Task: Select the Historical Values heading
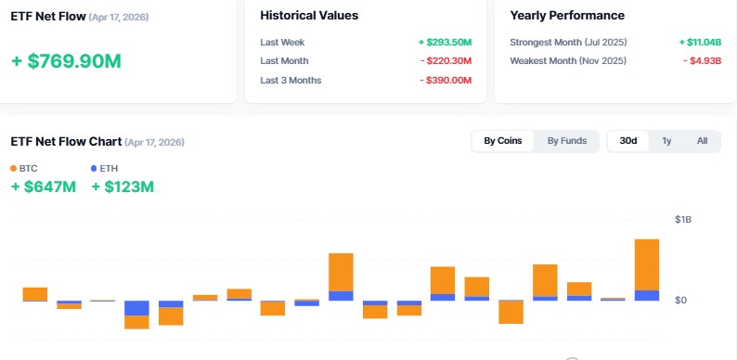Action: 309,16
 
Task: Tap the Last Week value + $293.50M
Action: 445,43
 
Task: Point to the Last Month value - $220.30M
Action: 446,61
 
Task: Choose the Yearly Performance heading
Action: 567,16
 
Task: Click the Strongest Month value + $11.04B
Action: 694,43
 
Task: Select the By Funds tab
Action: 566,141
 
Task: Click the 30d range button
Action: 628,141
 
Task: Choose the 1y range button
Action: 666,141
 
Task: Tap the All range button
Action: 702,141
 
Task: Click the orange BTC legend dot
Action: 13,169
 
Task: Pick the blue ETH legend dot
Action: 94,169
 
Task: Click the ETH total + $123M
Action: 123,187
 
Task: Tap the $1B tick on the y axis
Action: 682,220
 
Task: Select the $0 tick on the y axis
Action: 680,301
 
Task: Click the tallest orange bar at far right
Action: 647,264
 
